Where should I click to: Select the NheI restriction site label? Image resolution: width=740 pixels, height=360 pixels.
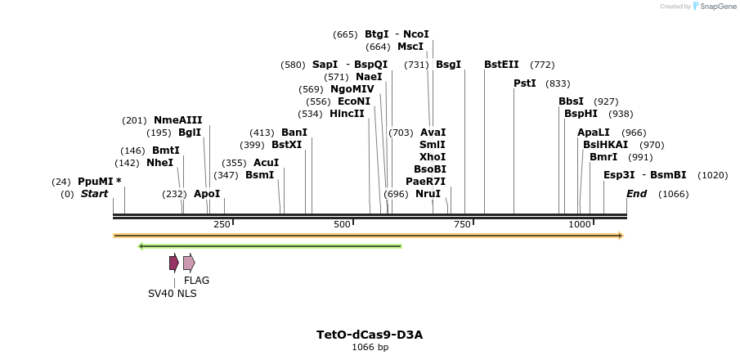[x=159, y=162]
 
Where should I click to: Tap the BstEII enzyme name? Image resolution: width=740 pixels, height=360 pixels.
[x=501, y=64]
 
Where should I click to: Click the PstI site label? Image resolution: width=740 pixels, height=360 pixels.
[x=524, y=83]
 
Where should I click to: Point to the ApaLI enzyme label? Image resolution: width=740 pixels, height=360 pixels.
[x=593, y=132]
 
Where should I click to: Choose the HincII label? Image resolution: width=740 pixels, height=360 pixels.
[x=347, y=114]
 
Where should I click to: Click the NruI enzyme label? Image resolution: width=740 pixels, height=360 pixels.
[x=428, y=194]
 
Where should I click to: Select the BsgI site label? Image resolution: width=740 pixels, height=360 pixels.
[x=448, y=64]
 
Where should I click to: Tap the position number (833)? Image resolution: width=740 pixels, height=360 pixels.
[x=558, y=83]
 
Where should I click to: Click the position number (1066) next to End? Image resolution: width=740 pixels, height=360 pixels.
[x=673, y=194]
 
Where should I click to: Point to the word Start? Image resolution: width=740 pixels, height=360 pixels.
[x=94, y=194]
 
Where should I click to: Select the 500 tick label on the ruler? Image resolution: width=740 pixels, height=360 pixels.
[x=342, y=224]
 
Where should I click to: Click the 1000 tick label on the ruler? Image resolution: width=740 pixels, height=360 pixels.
[x=579, y=224]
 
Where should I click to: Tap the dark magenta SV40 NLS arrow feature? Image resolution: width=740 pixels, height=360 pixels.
[x=173, y=263]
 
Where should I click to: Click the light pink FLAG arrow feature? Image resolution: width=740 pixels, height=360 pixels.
[x=189, y=263]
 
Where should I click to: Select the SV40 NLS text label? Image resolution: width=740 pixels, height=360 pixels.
[x=172, y=294]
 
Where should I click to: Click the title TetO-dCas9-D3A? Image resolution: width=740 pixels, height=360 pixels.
[x=370, y=335]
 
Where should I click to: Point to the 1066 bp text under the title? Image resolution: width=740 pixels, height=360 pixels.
[x=370, y=347]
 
